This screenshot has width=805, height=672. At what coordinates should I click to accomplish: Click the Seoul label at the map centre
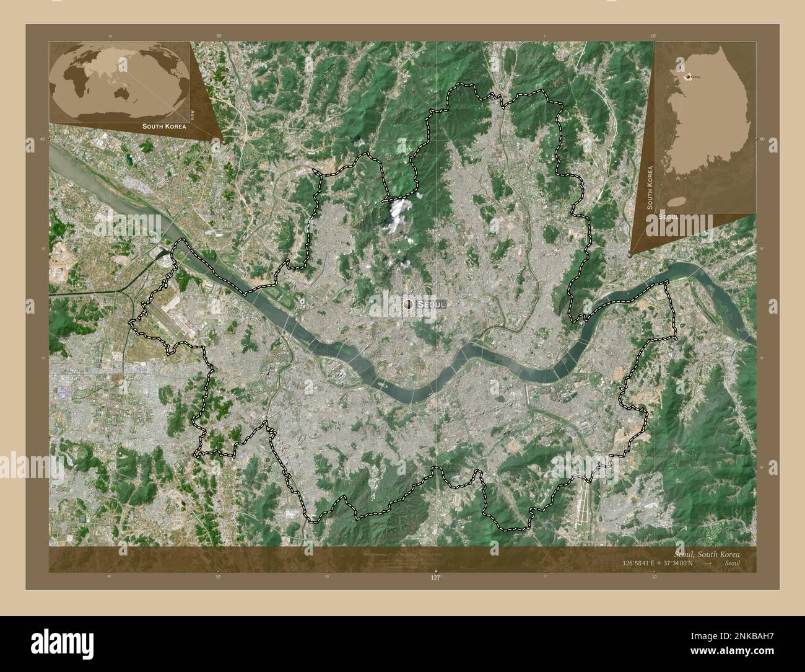click(432, 304)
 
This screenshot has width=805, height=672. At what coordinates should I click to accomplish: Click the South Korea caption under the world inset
click(163, 126)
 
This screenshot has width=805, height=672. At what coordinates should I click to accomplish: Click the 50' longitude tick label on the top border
click(219, 37)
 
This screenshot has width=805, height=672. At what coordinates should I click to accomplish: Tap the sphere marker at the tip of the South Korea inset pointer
click(630, 254)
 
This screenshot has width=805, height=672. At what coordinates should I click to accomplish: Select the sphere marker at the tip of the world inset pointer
click(222, 141)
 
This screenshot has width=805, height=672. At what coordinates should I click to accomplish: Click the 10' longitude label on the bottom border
click(653, 576)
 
